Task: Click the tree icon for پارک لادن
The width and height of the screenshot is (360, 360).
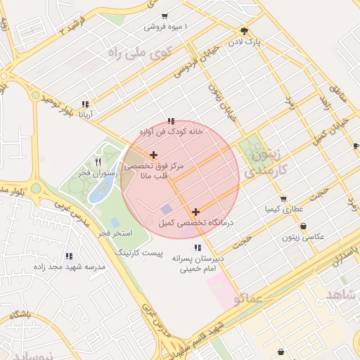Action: pos(244,30)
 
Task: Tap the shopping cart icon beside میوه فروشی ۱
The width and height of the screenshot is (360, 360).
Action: pos(165,15)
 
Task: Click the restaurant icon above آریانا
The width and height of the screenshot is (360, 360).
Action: pos(85,104)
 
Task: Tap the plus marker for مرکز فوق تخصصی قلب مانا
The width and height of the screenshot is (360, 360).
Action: pos(153,155)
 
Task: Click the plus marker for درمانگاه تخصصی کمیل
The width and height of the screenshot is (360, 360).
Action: pos(195,211)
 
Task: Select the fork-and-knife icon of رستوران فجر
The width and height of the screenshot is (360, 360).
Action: pos(98,161)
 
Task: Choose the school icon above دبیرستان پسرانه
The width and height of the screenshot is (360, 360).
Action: pos(198,247)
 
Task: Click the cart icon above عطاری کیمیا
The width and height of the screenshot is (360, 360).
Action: pos(283,198)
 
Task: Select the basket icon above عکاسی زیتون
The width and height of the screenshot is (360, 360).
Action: pos(303,226)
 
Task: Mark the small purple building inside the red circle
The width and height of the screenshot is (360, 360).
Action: pos(166,209)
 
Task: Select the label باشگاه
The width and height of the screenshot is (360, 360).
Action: pos(21,316)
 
